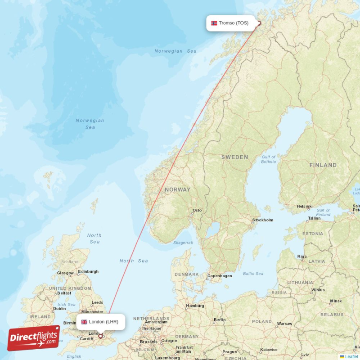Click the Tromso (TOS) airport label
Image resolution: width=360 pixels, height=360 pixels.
[x=234, y=23]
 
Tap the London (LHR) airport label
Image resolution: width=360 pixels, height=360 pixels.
[x=103, y=322]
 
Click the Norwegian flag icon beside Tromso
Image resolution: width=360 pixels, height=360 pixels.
[x=214, y=23]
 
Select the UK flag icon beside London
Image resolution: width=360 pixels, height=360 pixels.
[x=84, y=322]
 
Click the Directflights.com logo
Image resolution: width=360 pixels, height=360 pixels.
[x=34, y=338]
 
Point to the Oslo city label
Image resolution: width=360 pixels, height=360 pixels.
[x=197, y=210]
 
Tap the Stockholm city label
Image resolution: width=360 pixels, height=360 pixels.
[x=263, y=220]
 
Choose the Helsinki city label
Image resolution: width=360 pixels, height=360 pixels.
[x=305, y=207]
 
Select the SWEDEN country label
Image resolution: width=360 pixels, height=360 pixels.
[x=234, y=157]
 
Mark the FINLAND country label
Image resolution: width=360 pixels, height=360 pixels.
[x=323, y=165]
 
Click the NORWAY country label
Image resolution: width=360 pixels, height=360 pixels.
[x=177, y=189]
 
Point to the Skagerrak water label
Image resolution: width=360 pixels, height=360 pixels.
[x=183, y=243]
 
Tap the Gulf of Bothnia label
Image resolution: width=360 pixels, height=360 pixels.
[x=269, y=159]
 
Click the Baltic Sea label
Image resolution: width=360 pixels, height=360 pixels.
[x=253, y=274]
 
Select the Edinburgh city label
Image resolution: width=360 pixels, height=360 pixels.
[x=88, y=271]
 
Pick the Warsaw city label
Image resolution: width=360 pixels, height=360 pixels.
[x=284, y=324]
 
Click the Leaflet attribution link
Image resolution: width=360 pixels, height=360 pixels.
[x=351, y=356]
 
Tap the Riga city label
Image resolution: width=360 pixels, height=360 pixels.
[x=302, y=256]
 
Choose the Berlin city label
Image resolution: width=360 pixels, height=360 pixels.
[x=220, y=319]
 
